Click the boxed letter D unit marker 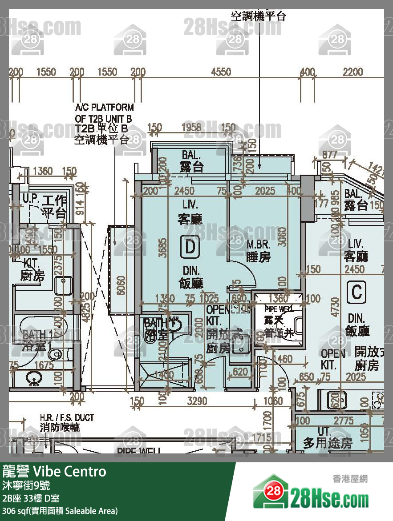coord(190,247)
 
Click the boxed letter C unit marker coord(357,293)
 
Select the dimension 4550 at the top coord(221,72)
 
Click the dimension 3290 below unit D coord(197,401)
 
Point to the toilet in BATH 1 coord(56,354)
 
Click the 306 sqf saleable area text coord(60,511)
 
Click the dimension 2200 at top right coord(353,72)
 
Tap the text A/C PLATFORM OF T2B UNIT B coord(104,113)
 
